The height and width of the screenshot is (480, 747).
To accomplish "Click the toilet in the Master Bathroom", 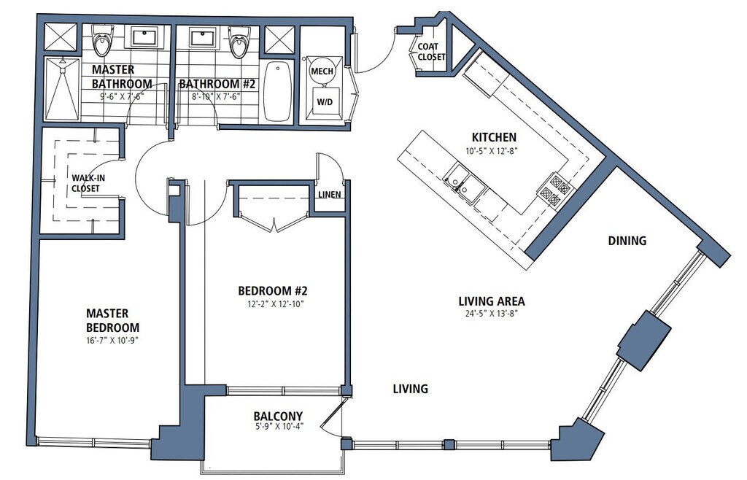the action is tap(102, 40).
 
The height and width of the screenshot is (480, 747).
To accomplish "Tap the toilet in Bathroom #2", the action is tap(238, 42).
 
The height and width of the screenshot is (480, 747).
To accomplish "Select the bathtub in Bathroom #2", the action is tap(278, 90).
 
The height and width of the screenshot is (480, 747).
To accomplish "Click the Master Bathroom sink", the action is tap(144, 36).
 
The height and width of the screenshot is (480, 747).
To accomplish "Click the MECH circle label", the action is tap(322, 71).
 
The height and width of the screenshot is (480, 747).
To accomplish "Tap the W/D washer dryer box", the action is tap(325, 102).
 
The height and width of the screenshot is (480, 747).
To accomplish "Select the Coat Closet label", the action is tap(431, 52).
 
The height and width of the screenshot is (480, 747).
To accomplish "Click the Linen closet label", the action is tap(330, 195).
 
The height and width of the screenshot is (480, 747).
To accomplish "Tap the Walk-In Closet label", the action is tap(88, 183).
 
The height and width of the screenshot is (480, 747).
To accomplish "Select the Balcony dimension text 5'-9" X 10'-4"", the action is tap(279, 427).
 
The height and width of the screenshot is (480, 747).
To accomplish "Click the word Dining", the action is tap(627, 241).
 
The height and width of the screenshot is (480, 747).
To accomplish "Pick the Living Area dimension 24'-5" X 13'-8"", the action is tap(491, 314).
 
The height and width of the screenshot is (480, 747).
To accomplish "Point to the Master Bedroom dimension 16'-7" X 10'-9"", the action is tap(112, 341).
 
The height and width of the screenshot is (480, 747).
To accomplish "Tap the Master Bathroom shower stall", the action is tap(62, 89).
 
